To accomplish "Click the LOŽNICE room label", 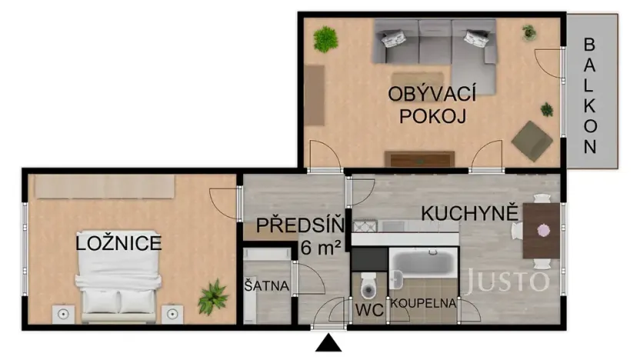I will [118, 245].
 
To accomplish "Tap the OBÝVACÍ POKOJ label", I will [431, 105].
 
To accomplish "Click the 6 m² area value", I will [322, 248].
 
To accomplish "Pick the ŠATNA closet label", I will [266, 286].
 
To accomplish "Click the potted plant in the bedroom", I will [212, 298].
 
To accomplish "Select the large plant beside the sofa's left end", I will [326, 38].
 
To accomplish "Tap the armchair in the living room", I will [532, 140].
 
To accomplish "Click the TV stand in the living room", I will [419, 159].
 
